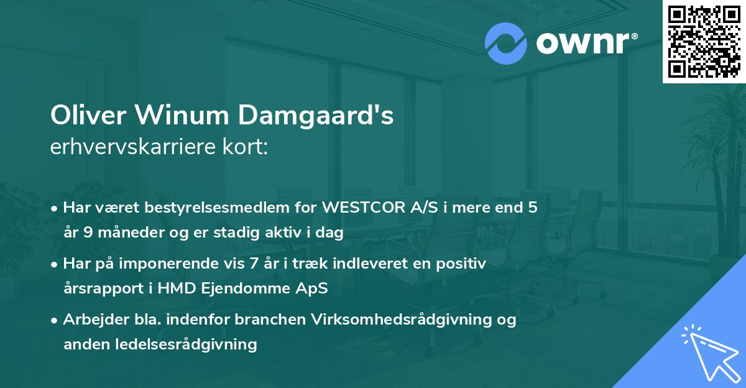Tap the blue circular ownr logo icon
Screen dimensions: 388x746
pyautogui.click(x=506, y=44)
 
